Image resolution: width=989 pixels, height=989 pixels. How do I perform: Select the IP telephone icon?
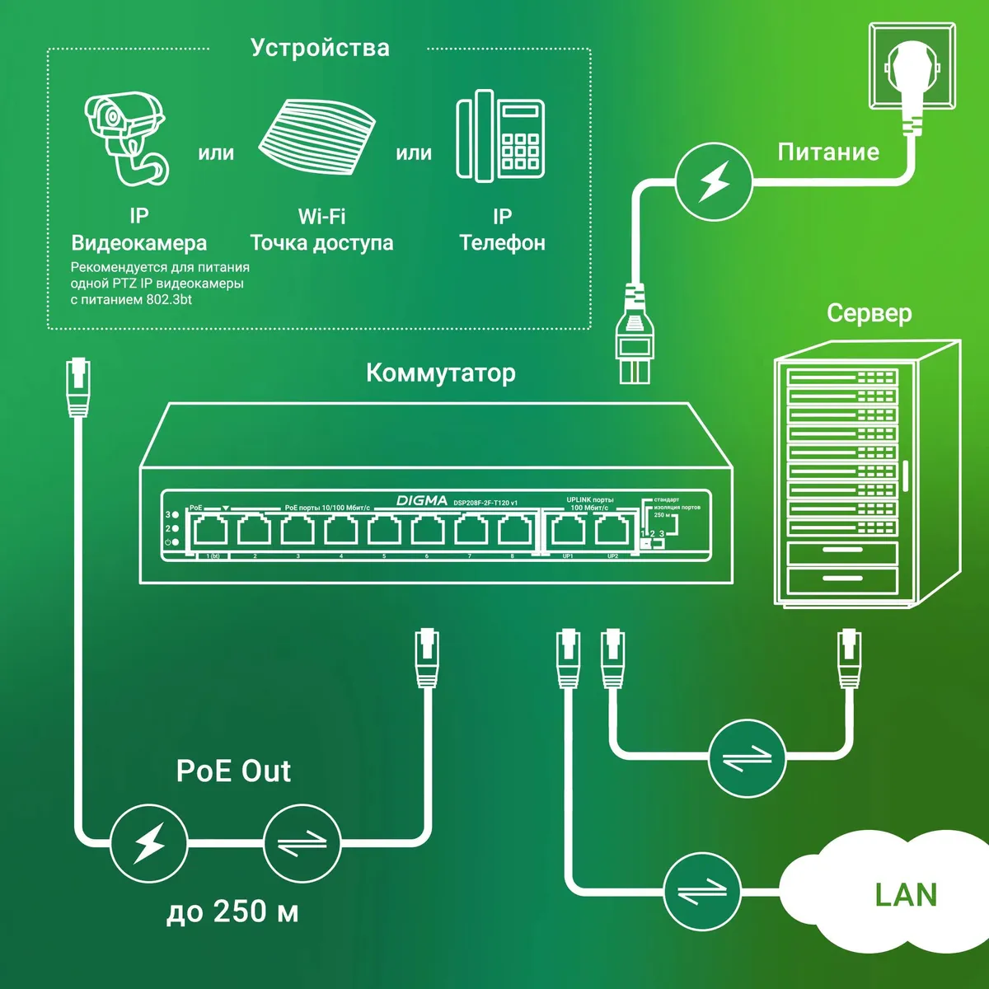(x=500, y=136)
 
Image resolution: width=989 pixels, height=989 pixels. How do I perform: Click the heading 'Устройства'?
(x=320, y=48)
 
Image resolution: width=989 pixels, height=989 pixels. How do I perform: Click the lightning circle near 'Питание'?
(x=714, y=181)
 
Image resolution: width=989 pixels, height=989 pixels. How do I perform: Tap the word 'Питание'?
(x=828, y=152)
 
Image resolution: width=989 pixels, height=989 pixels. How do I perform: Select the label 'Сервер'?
(x=869, y=313)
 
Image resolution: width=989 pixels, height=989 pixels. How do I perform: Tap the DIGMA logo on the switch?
(x=422, y=500)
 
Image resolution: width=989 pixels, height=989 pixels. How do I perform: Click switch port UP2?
(x=611, y=531)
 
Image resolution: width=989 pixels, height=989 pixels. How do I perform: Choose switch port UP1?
(x=568, y=531)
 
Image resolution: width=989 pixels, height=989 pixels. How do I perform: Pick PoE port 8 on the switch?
(x=513, y=531)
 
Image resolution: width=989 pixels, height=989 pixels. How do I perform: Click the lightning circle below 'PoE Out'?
(x=149, y=843)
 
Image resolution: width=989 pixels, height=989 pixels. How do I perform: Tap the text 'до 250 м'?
(x=232, y=912)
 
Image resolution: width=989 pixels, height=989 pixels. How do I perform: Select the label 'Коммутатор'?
(x=440, y=373)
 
